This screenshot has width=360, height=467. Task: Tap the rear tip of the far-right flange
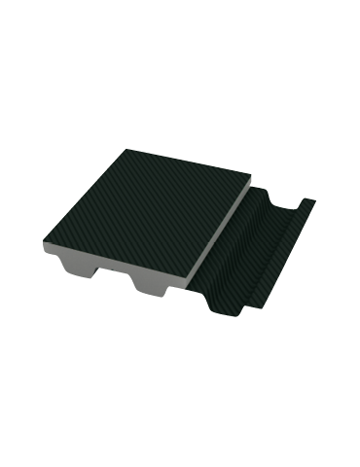point(313,202)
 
